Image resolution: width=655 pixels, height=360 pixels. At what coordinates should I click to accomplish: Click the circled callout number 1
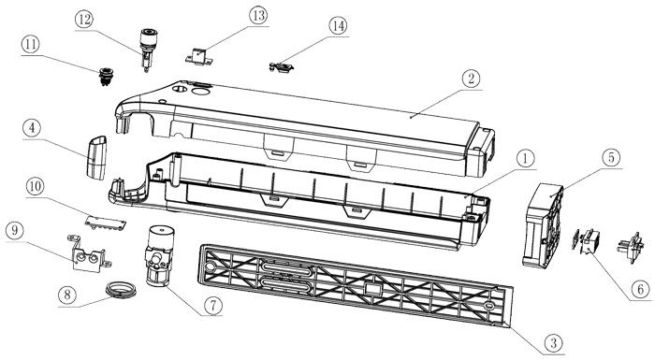point(526,160)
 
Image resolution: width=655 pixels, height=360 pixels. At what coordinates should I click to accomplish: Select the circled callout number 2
point(471,79)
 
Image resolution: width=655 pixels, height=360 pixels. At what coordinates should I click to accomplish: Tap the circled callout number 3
point(554,344)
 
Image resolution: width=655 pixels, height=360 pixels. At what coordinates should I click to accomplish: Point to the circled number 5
point(611,159)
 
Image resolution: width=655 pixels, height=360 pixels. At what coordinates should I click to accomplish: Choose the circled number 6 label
point(640,289)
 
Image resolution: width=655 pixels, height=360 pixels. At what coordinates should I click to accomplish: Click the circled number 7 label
point(213,306)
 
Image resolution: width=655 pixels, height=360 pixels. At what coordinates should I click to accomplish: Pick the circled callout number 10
point(35,187)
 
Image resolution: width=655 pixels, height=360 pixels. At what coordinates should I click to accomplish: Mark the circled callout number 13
point(258,16)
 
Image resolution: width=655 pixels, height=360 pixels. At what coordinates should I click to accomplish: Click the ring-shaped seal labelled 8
point(121,290)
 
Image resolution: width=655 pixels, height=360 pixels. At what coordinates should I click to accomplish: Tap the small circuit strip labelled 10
point(106,222)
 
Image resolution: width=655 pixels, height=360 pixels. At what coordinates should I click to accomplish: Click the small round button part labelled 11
point(106,76)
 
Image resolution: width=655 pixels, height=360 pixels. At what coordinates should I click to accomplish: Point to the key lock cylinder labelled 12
point(148,50)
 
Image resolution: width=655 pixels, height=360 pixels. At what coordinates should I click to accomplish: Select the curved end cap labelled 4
point(96,157)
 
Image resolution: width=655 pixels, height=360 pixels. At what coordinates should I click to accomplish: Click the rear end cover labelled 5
point(543,225)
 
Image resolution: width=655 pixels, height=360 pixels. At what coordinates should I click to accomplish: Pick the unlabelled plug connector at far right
point(631,248)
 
